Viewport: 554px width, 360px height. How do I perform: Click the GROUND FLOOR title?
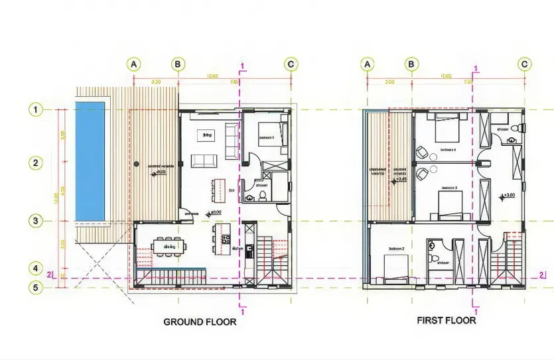click(x=200, y=322)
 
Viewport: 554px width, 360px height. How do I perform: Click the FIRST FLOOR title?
click(x=446, y=320)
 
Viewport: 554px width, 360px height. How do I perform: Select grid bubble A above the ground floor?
click(x=134, y=64)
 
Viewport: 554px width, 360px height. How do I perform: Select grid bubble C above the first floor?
click(x=524, y=64)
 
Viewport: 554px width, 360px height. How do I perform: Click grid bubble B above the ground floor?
click(x=178, y=64)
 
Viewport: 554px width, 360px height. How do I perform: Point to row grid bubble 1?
click(x=36, y=109)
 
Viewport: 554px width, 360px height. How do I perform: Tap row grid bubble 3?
click(x=36, y=221)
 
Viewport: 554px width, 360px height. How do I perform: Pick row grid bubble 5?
click(x=36, y=287)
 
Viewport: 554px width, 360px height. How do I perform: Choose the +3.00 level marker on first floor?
click(x=508, y=196)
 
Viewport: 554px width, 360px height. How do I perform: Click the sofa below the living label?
click(x=203, y=161)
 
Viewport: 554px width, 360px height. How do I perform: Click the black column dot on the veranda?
click(x=135, y=162)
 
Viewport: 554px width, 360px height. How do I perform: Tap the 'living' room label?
click(x=207, y=135)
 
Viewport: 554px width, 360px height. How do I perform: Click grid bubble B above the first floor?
click(x=411, y=64)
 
